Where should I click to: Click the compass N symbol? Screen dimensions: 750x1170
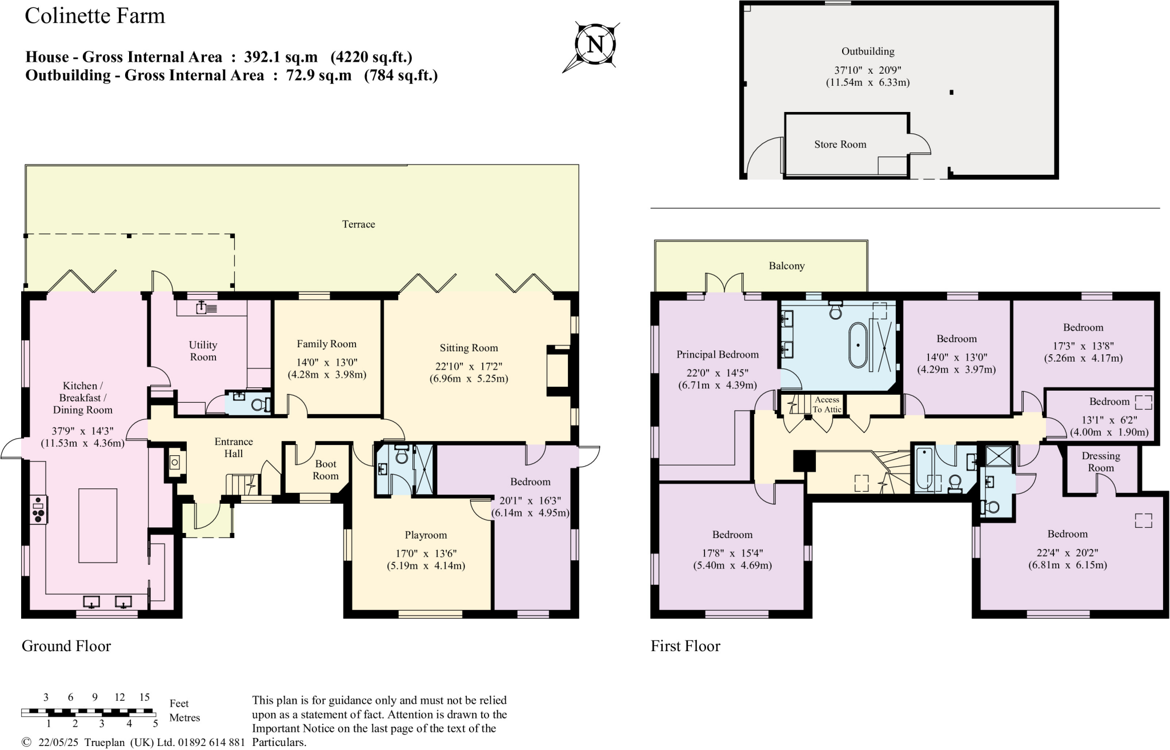pos(595,45)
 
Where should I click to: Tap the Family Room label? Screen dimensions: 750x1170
pos(326,344)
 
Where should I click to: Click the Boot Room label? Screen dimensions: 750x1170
pos(325,470)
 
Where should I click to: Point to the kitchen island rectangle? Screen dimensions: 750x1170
pos(98,526)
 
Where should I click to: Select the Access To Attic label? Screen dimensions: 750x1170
pos(827,404)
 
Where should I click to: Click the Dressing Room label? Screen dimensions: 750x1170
pos(1100,462)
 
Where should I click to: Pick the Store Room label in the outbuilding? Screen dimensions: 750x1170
pos(840,145)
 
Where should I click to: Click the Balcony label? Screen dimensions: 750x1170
pos(786,266)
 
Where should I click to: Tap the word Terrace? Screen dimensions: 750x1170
pos(358,224)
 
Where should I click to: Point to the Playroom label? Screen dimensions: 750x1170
pos(426,535)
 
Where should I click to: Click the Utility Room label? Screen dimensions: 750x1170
pos(203,351)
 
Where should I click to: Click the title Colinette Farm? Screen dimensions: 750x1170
pos(95,15)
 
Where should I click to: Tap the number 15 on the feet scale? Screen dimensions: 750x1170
pos(144,697)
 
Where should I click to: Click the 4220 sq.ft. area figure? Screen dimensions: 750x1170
pos(372,57)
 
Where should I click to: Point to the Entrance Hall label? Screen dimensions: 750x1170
pos(233,447)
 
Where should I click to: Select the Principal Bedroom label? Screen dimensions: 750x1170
pos(718,354)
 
